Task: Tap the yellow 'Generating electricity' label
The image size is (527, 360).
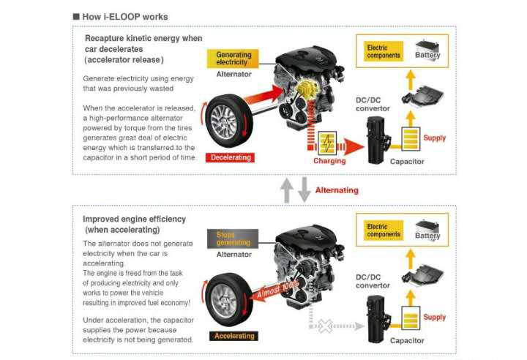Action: pos(233,59)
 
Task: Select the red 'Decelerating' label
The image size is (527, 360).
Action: pos(231,157)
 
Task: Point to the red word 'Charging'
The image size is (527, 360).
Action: pos(329,160)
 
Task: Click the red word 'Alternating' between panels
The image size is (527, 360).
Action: pos(337,190)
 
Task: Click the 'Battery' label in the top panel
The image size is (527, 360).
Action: pos(427,55)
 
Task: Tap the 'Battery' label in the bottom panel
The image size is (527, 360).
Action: pos(427,236)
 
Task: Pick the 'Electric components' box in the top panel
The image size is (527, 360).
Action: pos(384,51)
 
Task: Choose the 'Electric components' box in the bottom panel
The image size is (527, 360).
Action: pos(384,231)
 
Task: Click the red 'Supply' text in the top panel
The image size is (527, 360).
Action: pos(435,138)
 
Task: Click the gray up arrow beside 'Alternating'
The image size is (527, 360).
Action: pos(288,190)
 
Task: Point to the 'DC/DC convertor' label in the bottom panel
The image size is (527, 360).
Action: pos(373,280)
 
